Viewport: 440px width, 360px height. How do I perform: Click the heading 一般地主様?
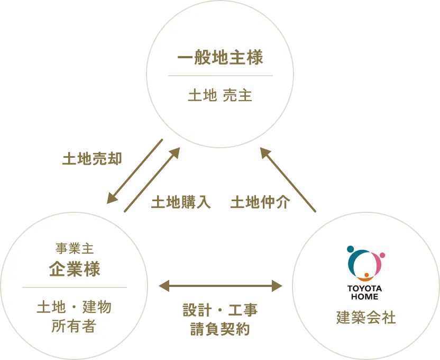[220, 58]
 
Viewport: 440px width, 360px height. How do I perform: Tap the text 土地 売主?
[220, 96]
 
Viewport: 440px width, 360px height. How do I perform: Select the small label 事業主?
[75, 248]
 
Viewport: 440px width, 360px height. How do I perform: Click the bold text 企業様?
[75, 269]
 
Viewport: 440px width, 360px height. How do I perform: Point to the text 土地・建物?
[74, 307]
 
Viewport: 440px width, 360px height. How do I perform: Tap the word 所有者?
[74, 326]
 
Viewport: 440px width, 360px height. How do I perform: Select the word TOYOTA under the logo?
[364, 289]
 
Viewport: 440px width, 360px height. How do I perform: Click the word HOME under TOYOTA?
[364, 296]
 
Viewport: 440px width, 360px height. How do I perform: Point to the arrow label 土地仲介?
[260, 203]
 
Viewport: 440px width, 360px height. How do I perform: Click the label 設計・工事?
[220, 310]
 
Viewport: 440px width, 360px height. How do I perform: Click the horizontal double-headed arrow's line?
[220, 286]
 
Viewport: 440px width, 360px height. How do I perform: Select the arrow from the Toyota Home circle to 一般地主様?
[289, 181]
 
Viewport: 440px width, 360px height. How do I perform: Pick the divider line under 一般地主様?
[220, 76]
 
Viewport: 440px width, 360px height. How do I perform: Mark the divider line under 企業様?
[75, 287]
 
